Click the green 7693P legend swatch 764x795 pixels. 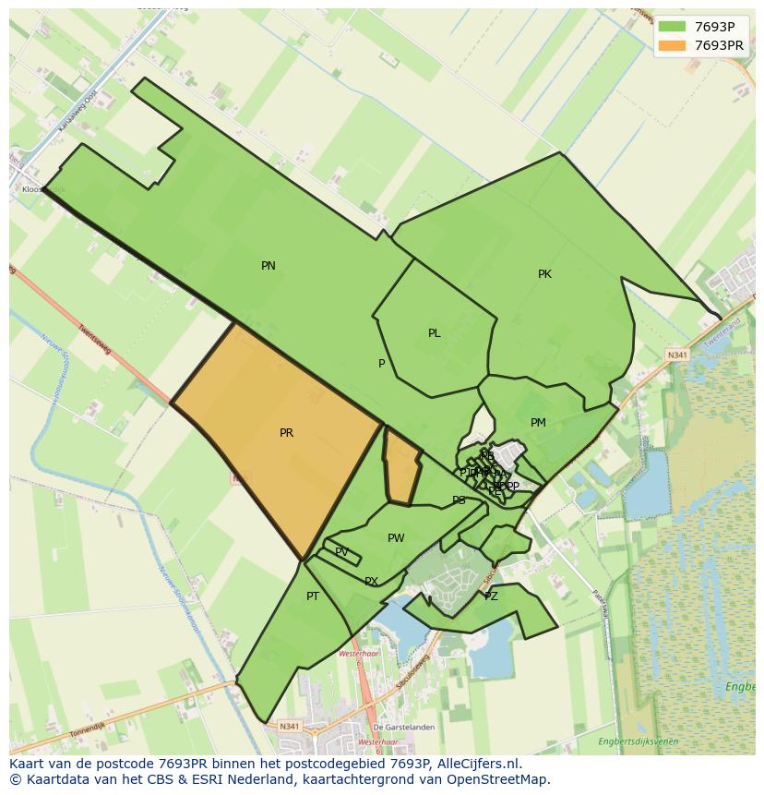(673, 26)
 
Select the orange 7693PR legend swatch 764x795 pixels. (673, 45)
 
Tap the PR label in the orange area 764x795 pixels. (286, 433)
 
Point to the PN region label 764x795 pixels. (269, 266)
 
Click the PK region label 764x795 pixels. (544, 274)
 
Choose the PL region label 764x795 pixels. (434, 333)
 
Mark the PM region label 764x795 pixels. (538, 423)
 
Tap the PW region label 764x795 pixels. (396, 538)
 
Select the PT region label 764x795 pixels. (313, 596)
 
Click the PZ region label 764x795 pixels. (491, 596)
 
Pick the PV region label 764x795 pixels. (342, 552)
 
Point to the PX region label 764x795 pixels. (371, 582)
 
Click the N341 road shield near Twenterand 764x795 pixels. (677, 355)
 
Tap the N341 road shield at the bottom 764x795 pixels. (289, 727)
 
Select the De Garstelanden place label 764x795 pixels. (404, 728)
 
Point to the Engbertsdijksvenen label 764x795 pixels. (638, 741)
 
